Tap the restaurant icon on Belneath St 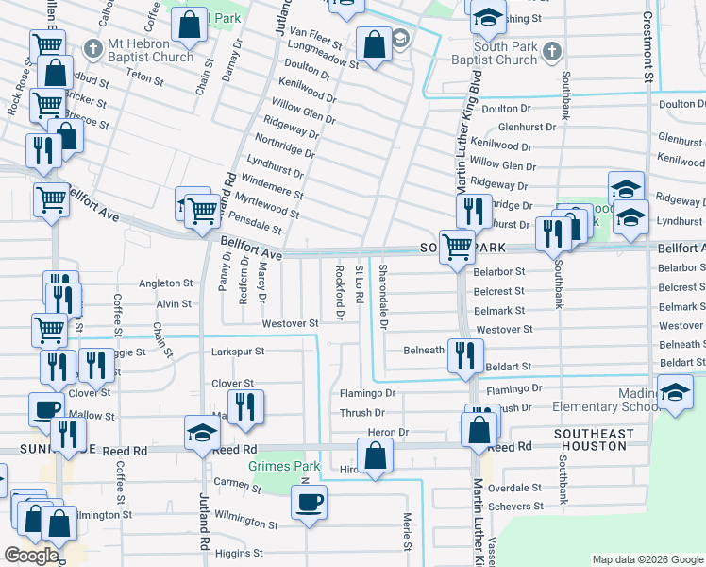463,356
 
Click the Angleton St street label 166,283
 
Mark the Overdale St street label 515,489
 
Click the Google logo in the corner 31,556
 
